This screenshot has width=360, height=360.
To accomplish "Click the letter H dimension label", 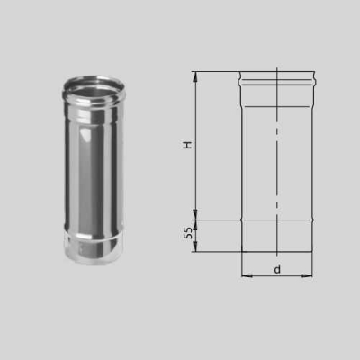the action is [187, 145].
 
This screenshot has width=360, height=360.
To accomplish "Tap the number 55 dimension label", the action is [188, 233].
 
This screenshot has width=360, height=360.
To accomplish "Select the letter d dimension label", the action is [277, 269].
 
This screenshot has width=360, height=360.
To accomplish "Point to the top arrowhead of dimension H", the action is [196, 76].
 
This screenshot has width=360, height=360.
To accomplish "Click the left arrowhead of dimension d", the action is [247, 275].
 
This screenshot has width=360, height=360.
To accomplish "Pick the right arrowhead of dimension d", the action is [307, 275].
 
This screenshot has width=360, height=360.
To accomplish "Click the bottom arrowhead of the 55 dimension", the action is [195, 247].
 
